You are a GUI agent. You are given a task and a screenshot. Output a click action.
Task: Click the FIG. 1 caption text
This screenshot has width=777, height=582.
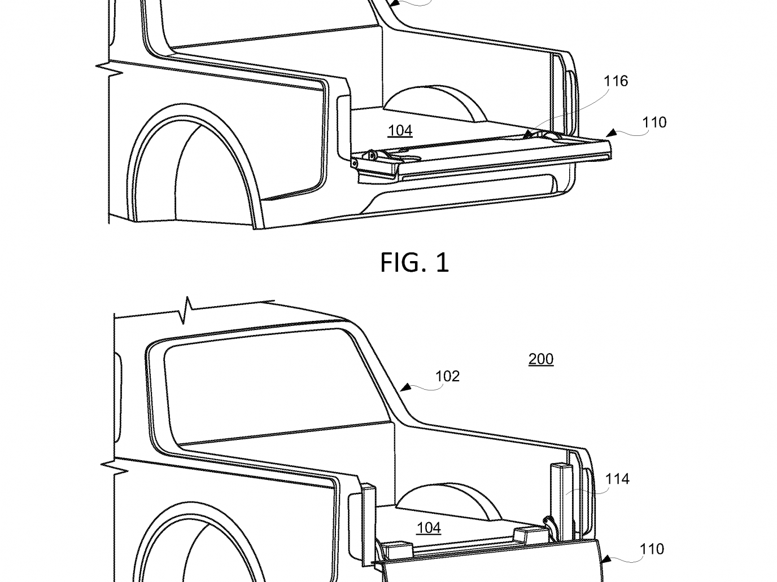[x=414, y=262]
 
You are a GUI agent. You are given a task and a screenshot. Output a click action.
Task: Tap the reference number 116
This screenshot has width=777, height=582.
[x=616, y=81]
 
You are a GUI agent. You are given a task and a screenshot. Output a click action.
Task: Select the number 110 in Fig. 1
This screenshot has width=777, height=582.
[x=654, y=122]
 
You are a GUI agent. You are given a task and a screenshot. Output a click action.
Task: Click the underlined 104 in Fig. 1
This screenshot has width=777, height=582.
[x=400, y=131]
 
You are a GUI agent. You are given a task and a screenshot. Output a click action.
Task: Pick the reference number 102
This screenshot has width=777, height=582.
[x=447, y=376]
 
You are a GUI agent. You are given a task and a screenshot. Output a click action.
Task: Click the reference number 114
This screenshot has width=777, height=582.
[x=617, y=479]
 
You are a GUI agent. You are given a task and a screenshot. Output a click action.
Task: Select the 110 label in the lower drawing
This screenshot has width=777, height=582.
[x=652, y=549]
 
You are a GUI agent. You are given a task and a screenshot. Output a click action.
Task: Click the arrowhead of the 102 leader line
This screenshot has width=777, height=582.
[x=405, y=387]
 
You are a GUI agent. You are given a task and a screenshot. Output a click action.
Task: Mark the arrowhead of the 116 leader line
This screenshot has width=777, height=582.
[x=527, y=134]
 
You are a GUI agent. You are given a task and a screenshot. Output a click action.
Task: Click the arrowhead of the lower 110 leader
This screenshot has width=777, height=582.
[x=606, y=559]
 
